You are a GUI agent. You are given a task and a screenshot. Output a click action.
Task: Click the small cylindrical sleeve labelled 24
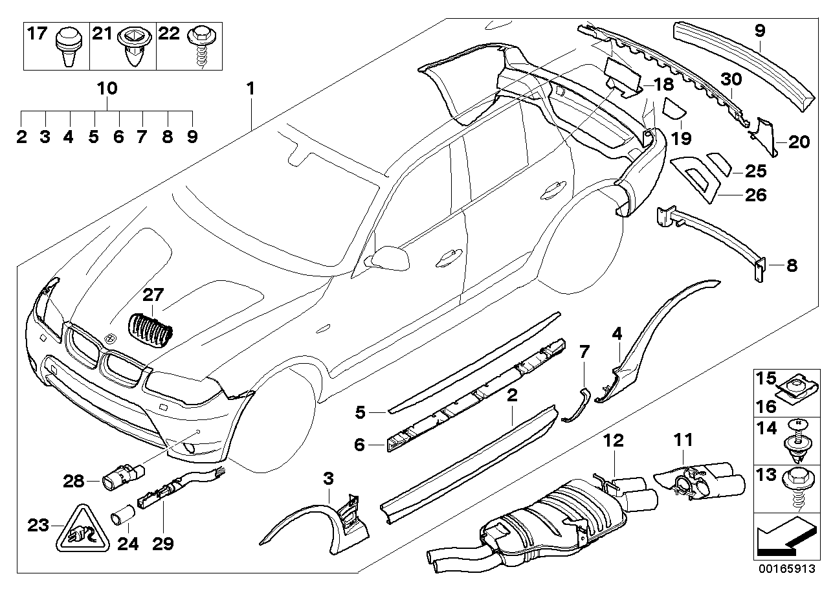point(122,518)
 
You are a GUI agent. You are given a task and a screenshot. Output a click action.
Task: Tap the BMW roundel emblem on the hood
point(109,338)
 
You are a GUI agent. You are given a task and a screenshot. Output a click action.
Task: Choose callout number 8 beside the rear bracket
point(792,265)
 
